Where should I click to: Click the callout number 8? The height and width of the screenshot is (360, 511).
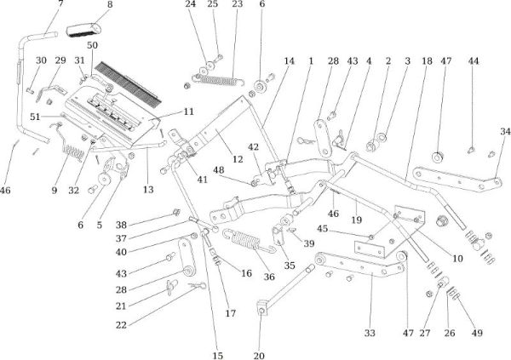[109, 5]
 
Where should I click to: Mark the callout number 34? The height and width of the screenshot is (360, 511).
[505, 131]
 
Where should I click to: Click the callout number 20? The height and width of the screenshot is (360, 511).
[260, 354]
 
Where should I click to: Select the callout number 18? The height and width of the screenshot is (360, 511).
[427, 62]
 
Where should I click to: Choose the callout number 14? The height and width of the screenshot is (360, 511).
[289, 62]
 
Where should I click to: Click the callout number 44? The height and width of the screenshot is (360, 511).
[474, 62]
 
